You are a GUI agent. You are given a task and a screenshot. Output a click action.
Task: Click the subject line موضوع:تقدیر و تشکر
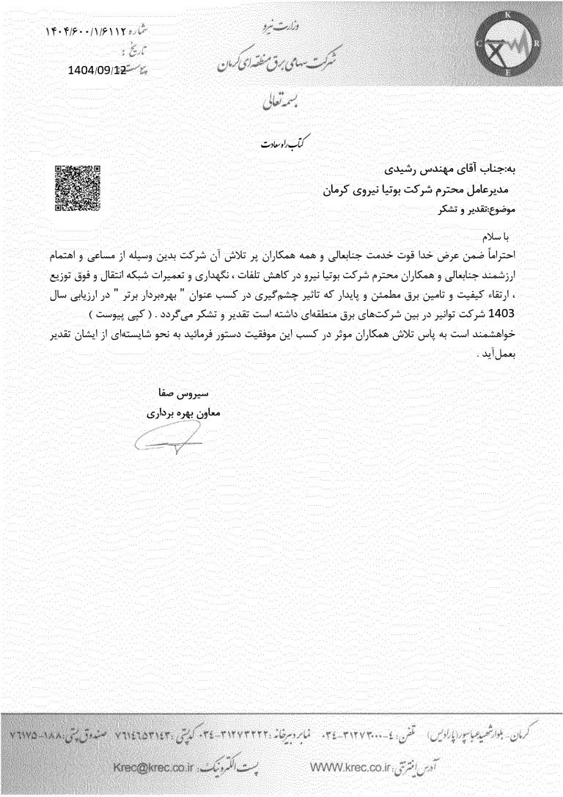(x=476, y=208)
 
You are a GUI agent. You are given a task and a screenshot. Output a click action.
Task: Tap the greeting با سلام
(x=501, y=239)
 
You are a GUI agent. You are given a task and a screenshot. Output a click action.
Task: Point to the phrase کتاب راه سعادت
(x=265, y=142)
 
